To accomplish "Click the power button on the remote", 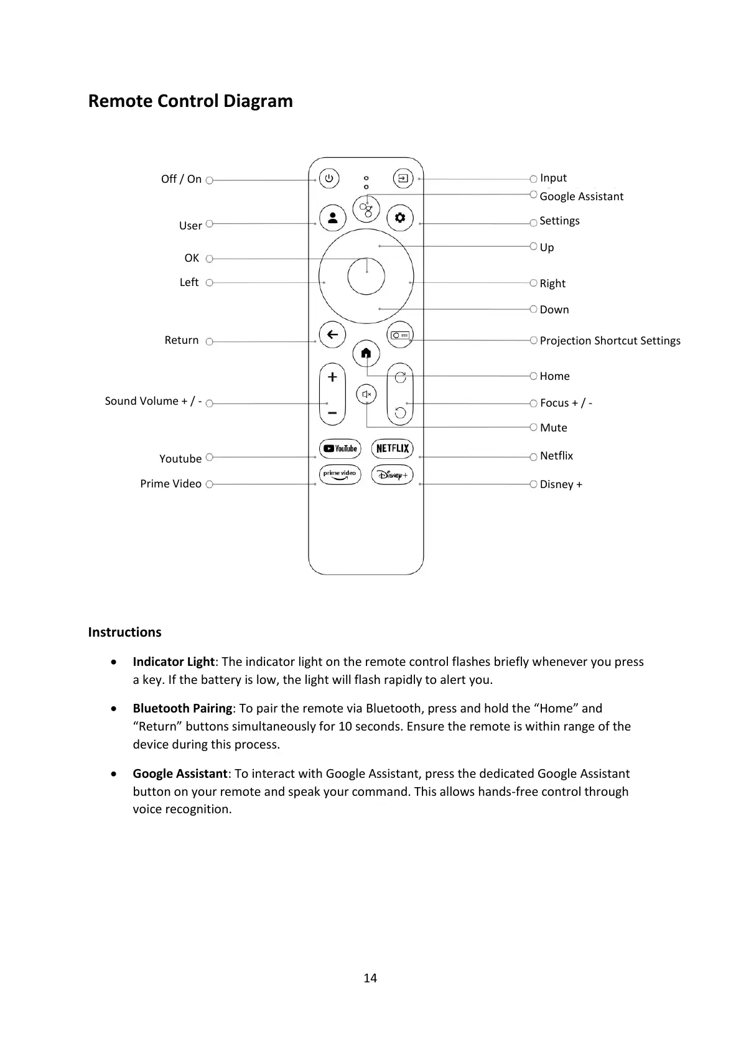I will [x=329, y=179].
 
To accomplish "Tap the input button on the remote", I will [x=403, y=179].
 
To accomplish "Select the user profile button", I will [x=333, y=218].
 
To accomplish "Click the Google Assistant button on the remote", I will [x=366, y=209].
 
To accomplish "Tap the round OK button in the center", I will [x=366, y=276].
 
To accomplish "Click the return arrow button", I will [x=333, y=334].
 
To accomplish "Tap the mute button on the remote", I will [x=366, y=394].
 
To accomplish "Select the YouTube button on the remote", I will [x=340, y=448].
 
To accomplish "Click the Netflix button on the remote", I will [x=393, y=448].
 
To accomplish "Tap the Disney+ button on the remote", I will [x=393, y=475].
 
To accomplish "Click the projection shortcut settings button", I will [x=400, y=335].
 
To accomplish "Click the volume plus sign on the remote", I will [x=332, y=377].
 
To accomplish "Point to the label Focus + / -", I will [x=566, y=403].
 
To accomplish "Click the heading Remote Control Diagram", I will [x=190, y=101].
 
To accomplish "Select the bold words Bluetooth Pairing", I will [x=182, y=708].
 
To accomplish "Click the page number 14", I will [x=370, y=978].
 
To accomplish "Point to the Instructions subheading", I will [x=124, y=632].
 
